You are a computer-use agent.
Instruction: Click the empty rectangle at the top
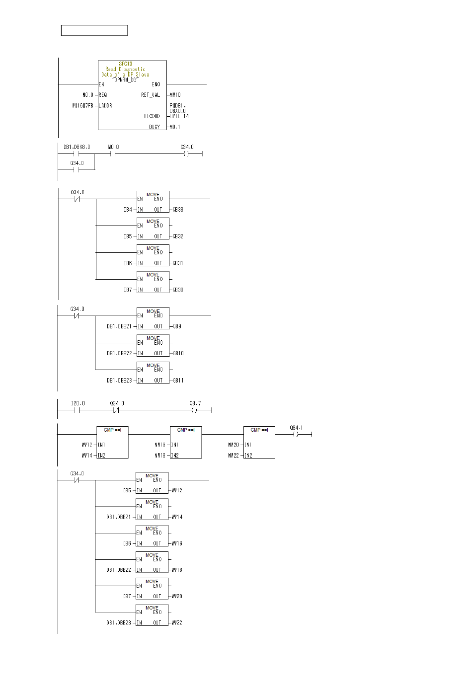[94, 30]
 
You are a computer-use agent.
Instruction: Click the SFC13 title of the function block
[126, 64]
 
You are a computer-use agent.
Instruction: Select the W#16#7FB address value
[82, 106]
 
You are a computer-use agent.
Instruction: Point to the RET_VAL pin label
[151, 95]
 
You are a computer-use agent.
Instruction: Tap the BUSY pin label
[155, 127]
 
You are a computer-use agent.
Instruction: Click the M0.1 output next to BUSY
[175, 127]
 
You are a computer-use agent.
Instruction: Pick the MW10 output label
[175, 95]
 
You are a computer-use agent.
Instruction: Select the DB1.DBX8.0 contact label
[77, 147]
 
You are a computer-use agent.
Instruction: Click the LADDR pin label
[105, 106]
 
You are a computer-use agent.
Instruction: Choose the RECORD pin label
[152, 116]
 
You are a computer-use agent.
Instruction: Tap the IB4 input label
[128, 210]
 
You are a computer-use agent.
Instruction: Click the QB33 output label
[178, 210]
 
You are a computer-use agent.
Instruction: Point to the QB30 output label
[178, 290]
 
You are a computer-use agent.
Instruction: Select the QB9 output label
[177, 326]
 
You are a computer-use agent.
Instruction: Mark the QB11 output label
[178, 381]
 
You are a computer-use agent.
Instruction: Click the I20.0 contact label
[78, 403]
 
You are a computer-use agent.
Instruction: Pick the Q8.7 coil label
[195, 403]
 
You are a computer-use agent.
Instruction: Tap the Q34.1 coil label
[297, 428]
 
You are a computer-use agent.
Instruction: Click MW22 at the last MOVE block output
[177, 623]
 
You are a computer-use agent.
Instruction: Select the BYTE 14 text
[179, 116]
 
